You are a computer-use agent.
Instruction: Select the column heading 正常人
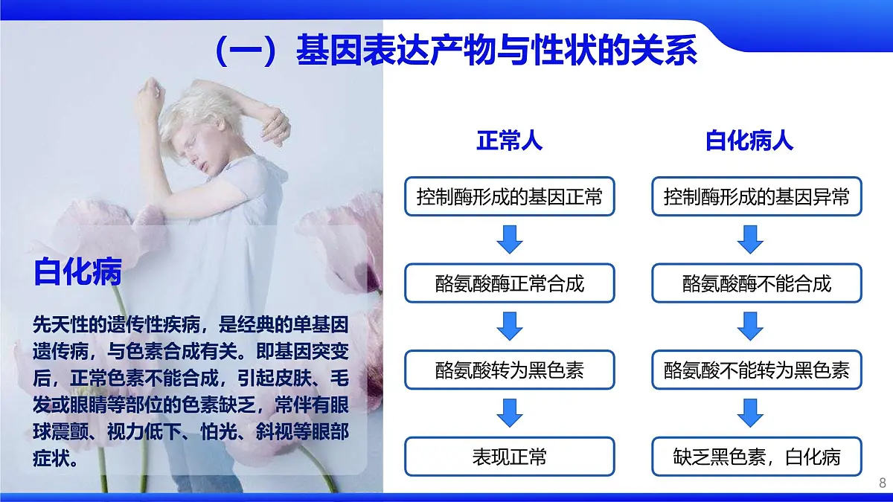(509, 141)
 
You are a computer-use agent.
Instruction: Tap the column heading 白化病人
(749, 141)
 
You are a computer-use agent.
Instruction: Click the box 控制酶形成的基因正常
(510, 197)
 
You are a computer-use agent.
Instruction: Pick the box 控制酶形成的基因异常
(756, 197)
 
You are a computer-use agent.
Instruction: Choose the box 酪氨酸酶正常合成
(510, 283)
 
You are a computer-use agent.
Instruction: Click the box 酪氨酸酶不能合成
(756, 283)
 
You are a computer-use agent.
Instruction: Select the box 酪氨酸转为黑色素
(510, 370)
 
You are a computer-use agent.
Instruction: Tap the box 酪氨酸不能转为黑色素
(756, 370)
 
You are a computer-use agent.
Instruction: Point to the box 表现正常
(510, 456)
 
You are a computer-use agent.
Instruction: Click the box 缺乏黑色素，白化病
(756, 456)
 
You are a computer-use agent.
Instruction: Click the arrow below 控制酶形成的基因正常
(510, 239)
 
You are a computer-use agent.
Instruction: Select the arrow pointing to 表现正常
(510, 413)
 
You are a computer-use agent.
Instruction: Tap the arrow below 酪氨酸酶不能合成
(750, 326)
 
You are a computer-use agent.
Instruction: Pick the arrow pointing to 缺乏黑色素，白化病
(750, 413)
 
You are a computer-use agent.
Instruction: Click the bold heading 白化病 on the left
(77, 273)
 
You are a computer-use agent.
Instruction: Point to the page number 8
(883, 483)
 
